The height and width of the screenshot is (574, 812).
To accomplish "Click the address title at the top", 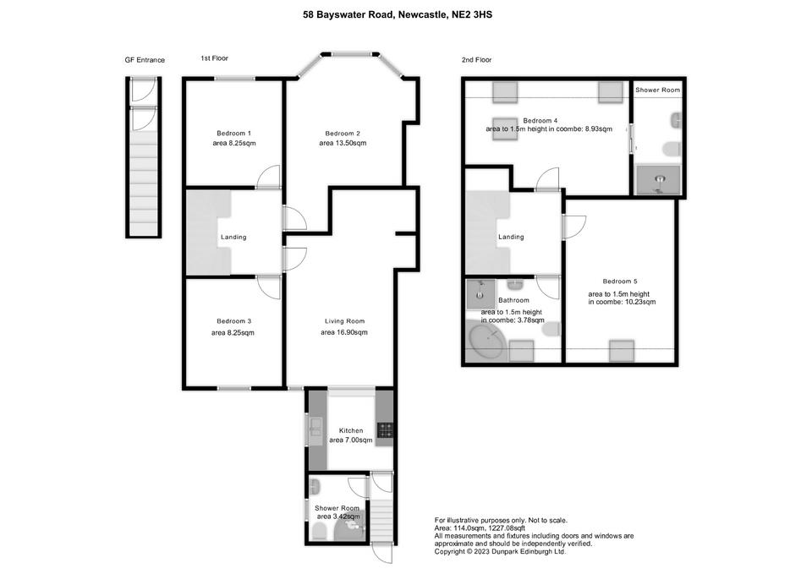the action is point(398,14).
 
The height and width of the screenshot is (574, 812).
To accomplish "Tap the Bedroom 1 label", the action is point(234,133).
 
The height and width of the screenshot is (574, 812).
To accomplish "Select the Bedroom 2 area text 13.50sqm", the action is point(343,143).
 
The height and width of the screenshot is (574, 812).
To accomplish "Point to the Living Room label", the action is point(344,321).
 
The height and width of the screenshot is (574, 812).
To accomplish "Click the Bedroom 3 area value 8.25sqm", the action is point(233,333).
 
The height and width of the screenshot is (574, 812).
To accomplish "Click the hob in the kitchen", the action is point(385,430).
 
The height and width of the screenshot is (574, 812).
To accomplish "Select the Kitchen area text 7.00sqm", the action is point(350,440).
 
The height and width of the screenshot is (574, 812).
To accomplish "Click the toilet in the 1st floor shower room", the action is point(320,531).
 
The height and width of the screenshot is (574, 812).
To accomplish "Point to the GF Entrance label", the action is point(145,60).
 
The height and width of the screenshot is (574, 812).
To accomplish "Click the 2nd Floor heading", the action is point(476,60).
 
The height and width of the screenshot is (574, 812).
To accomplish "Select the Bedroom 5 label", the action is point(620,282).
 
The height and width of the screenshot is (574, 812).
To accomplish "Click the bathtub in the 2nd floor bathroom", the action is point(487,340).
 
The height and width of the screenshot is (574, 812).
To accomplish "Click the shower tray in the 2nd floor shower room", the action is point(658,179).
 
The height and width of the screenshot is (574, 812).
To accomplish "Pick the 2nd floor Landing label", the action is point(511,237).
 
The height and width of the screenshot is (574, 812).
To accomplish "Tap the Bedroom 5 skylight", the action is point(622,351).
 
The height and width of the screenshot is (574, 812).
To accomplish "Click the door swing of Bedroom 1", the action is point(268,176).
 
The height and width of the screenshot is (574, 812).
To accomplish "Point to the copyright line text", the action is point(500,552).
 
